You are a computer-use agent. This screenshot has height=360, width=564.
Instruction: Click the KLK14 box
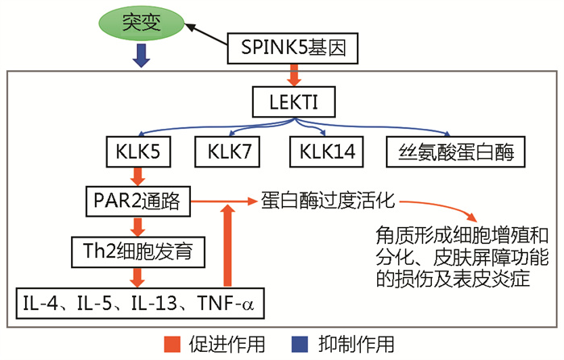327,151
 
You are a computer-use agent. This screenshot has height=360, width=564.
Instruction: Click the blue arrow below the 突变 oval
142,56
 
